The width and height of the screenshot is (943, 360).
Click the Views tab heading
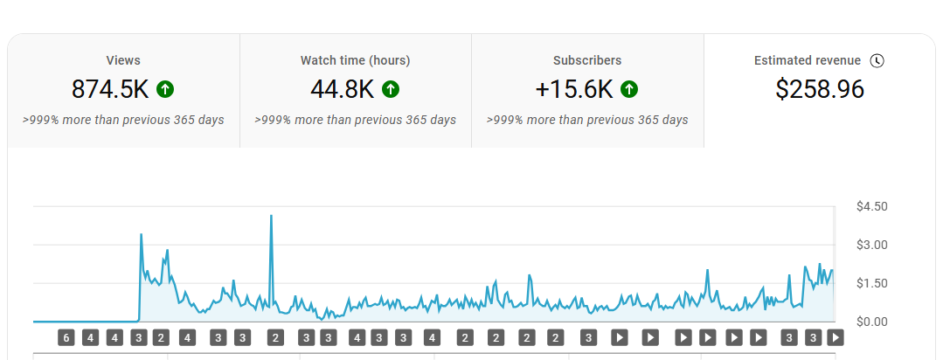tap(123, 60)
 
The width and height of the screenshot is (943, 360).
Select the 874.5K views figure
tap(111, 89)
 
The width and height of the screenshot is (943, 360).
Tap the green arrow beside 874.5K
tap(165, 89)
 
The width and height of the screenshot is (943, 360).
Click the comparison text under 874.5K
tap(123, 120)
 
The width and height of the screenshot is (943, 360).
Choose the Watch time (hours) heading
tap(355, 60)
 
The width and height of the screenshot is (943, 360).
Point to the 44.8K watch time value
tap(343, 89)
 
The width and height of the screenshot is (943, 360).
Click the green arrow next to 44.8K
tap(391, 89)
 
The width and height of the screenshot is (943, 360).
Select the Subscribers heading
tap(587, 60)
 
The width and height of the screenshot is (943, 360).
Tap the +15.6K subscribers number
tap(574, 89)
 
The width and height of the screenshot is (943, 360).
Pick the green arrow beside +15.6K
tap(629, 89)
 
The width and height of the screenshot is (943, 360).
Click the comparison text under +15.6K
tap(587, 120)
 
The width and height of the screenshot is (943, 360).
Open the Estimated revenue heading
tap(808, 60)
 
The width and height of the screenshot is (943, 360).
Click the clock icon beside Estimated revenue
tap(877, 60)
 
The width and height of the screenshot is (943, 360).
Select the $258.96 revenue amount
tap(820, 89)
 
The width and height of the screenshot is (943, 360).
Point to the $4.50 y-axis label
tap(872, 206)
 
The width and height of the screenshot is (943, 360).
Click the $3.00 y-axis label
tap(872, 245)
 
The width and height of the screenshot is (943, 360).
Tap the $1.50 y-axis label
tap(872, 283)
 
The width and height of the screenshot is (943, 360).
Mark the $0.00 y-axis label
tap(872, 322)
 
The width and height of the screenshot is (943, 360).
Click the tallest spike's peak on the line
tap(272, 216)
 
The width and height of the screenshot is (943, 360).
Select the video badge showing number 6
tap(66, 337)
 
